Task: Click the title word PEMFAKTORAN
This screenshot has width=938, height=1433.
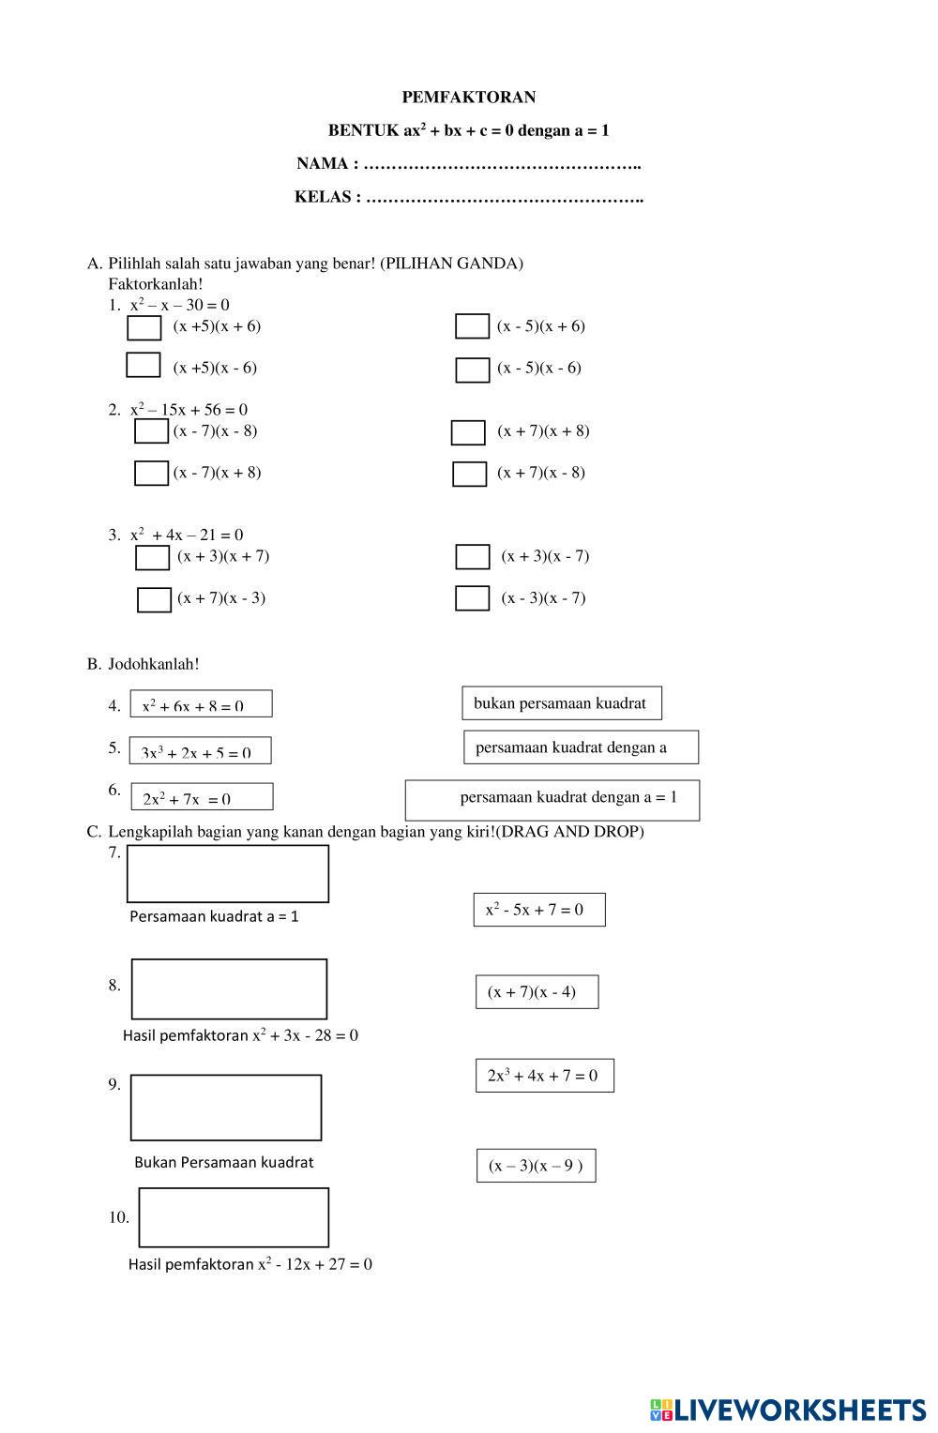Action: click(468, 98)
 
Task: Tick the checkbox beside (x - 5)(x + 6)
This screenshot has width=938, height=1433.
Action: click(472, 326)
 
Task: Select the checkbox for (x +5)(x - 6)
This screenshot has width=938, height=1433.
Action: click(144, 365)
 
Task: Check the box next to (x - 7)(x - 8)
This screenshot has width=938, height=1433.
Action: click(151, 431)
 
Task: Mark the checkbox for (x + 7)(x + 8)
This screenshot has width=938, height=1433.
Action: click(468, 432)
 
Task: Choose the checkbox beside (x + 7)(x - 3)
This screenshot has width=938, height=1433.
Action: click(154, 599)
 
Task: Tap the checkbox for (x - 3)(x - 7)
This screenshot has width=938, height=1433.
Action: click(472, 598)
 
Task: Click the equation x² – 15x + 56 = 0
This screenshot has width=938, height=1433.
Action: click(189, 410)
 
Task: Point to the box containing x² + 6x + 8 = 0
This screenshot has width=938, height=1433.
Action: click(201, 704)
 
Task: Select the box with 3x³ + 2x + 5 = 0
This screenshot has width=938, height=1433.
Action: click(200, 750)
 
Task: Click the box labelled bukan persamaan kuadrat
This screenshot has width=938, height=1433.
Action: click(561, 703)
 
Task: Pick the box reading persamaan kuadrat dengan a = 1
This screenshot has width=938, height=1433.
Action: click(552, 800)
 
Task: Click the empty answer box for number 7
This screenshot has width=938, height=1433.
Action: click(228, 874)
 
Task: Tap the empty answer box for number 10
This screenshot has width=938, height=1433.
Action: click(234, 1217)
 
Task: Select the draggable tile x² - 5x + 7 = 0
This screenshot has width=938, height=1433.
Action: click(539, 910)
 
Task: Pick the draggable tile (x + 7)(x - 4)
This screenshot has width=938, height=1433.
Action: click(537, 992)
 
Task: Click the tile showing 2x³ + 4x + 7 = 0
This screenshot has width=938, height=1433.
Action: click(544, 1076)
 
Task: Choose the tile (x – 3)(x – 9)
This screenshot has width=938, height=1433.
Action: click(536, 1166)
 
